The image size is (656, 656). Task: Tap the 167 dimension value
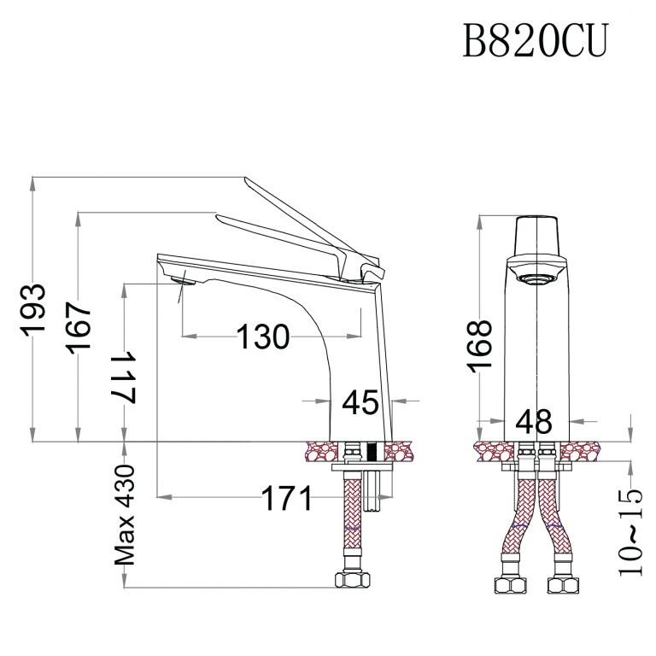[79, 327]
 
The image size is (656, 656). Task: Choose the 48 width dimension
[536, 421]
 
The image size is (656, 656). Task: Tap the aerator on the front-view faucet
[536, 278]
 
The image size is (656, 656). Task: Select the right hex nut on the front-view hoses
[564, 588]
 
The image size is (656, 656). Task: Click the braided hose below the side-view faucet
[350, 521]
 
